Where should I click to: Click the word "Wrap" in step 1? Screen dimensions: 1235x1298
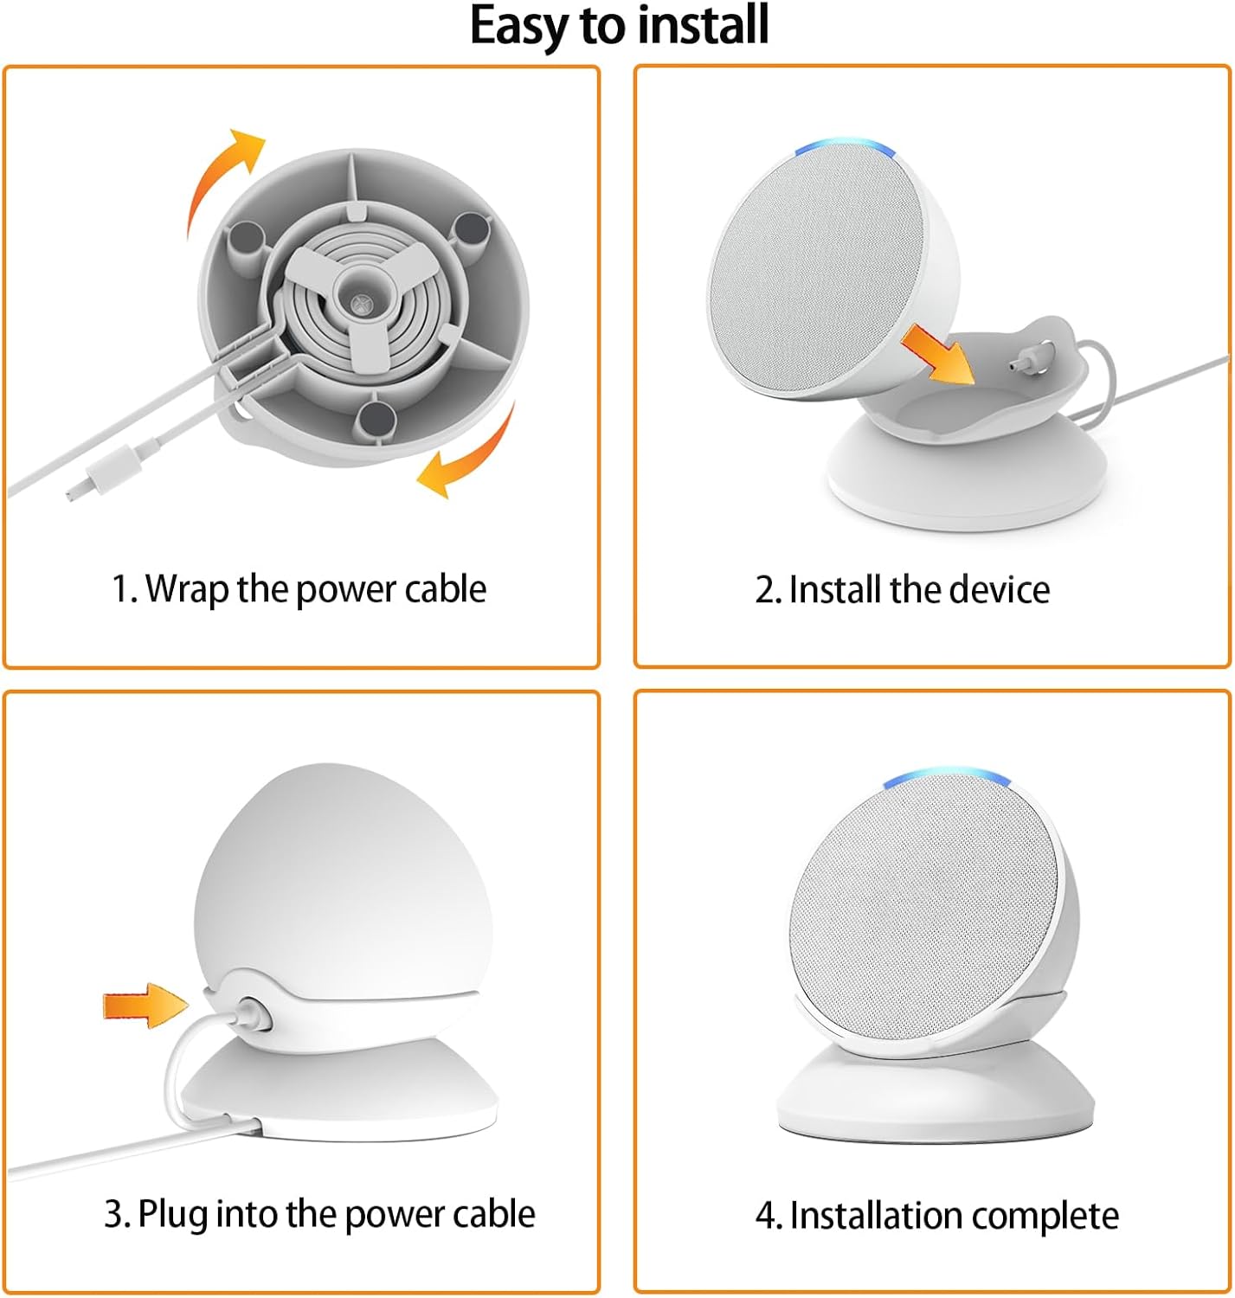(188, 589)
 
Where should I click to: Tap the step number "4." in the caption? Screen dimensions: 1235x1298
(769, 1216)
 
